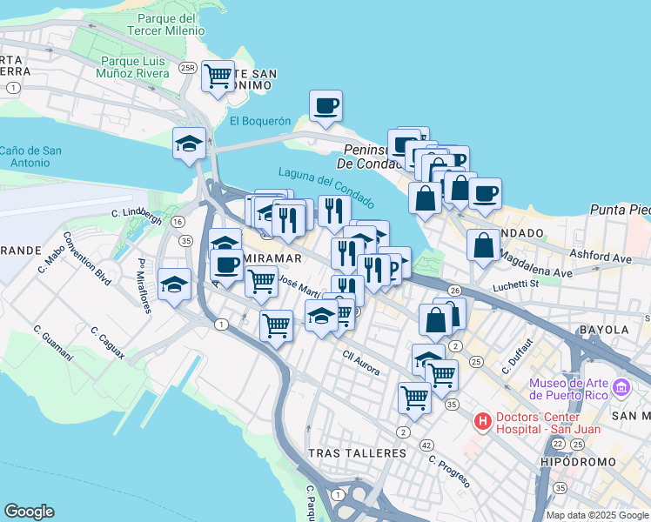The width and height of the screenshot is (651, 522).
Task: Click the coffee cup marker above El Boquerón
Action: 325,106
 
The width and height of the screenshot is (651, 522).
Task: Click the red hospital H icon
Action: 482,422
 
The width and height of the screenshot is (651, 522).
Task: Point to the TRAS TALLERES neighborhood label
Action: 357,453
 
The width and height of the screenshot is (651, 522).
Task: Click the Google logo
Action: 29,512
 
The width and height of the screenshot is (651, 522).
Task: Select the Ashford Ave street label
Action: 601,258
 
